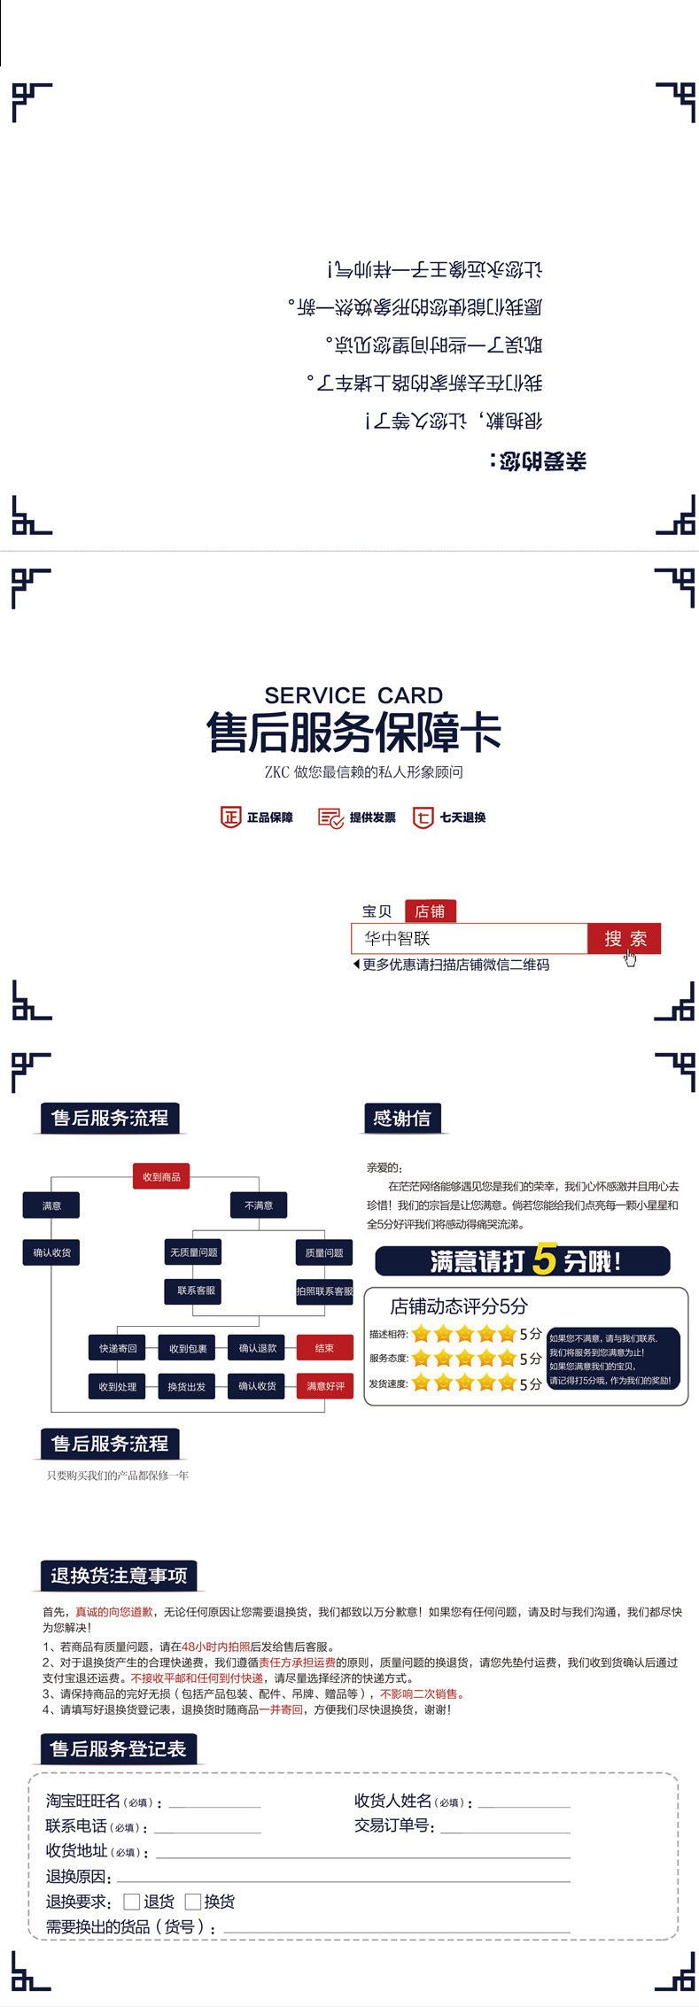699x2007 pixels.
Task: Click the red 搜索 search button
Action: [x=624, y=939]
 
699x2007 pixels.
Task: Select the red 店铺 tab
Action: [x=430, y=911]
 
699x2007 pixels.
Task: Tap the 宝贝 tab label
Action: [x=377, y=911]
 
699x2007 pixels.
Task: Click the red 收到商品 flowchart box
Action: [x=161, y=1177]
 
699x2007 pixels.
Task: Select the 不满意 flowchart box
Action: [x=259, y=1205]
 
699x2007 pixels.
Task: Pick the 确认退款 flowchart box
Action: [x=257, y=1348]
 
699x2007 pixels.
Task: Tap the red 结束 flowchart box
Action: [x=324, y=1348]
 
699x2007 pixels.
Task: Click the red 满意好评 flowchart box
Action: [x=325, y=1386]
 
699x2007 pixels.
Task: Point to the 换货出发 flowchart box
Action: [x=187, y=1386]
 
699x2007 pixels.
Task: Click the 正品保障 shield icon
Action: [x=230, y=817]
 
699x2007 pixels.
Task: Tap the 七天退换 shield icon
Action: [x=423, y=817]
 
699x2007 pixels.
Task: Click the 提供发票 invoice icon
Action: [x=330, y=818]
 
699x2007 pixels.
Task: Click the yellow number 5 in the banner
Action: [x=545, y=1259]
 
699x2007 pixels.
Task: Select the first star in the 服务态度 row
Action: [x=421, y=1359]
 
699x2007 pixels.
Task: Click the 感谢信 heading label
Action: [x=402, y=1119]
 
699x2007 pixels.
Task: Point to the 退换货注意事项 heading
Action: [x=119, y=1576]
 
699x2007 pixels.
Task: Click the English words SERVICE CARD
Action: [x=353, y=695]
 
